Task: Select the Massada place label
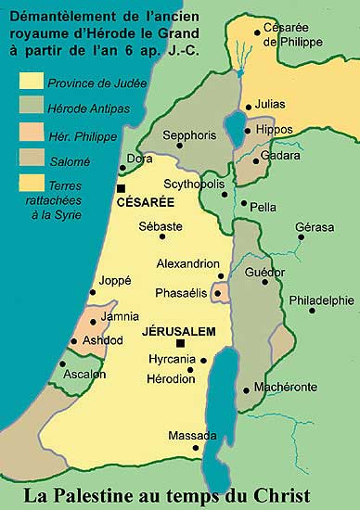coord(192,435)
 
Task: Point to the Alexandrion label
coord(188,262)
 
